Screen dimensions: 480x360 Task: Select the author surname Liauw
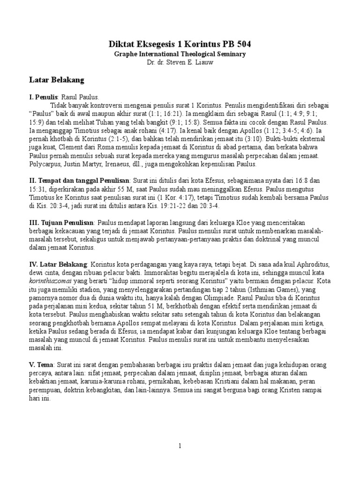pos(204,62)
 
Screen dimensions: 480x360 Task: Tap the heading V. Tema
pos(42,364)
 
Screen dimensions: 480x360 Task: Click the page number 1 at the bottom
pos(180,446)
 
